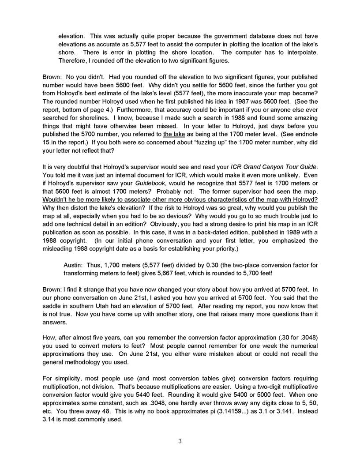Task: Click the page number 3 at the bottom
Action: coord(180,441)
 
